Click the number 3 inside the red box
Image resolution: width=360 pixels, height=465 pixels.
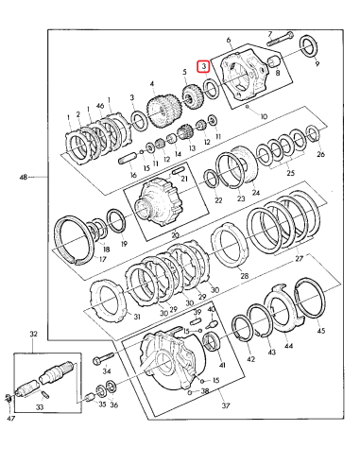point(202,66)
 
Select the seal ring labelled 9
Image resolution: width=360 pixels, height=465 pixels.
point(308,46)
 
